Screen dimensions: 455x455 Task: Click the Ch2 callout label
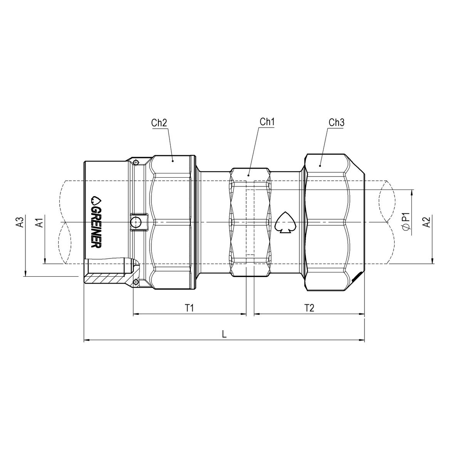[x=159, y=123]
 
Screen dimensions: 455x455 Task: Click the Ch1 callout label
[x=267, y=122]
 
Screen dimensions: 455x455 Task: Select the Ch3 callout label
[x=336, y=123]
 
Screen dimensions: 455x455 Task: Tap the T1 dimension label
[x=189, y=308]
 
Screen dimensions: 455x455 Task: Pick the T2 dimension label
[x=309, y=308]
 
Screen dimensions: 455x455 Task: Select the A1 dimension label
[x=39, y=223]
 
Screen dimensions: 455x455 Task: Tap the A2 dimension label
[x=426, y=223]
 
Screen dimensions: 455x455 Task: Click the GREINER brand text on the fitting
[x=96, y=226]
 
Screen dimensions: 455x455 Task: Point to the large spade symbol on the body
[x=285, y=222]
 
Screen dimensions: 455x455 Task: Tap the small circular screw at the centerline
[x=136, y=222]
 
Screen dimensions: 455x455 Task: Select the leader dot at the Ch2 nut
[x=173, y=161]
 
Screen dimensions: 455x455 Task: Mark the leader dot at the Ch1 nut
[x=248, y=175]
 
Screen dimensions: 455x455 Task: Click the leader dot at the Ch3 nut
[x=320, y=166]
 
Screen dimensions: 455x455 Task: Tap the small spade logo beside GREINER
[x=96, y=200]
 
